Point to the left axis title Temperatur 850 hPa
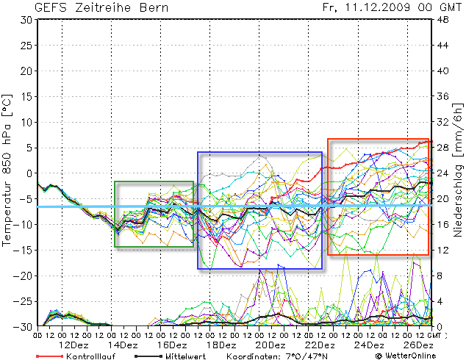tap(8, 168)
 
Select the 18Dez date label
tap(221, 345)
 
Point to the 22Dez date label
tap(320, 345)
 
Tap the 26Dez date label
tap(417, 345)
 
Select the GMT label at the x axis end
tap(436, 335)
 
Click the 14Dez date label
tap(123, 345)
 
